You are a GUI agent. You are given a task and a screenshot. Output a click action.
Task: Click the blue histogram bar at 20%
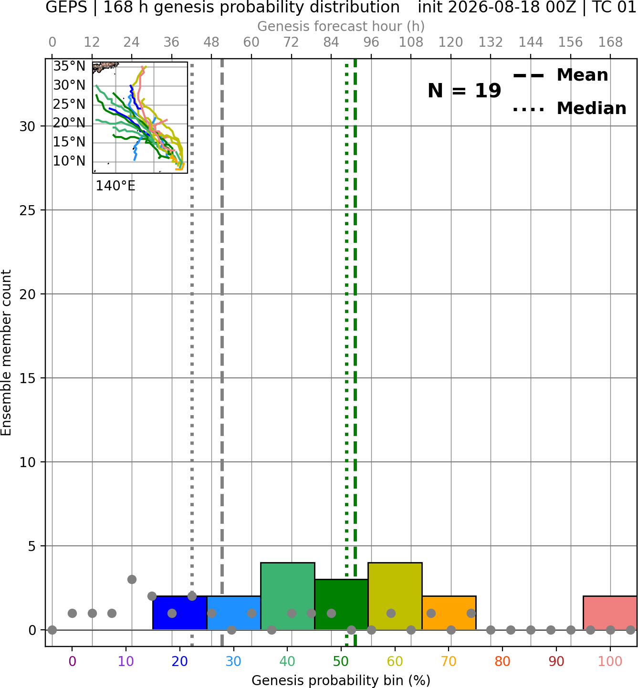click(x=179, y=613)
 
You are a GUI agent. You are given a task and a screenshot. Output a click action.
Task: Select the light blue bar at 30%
click(x=233, y=613)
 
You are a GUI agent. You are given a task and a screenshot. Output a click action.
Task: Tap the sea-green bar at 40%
click(x=288, y=596)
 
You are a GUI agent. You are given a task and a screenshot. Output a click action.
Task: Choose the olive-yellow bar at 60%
click(x=395, y=596)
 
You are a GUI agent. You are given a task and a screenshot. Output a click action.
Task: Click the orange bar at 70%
click(x=449, y=613)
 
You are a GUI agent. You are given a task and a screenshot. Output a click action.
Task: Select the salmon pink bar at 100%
click(x=610, y=613)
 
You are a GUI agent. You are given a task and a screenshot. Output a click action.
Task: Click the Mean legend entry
click(x=561, y=75)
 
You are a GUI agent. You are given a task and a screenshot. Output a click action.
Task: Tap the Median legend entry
click(x=570, y=108)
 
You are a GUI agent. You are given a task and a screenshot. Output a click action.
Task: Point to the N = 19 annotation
click(x=464, y=91)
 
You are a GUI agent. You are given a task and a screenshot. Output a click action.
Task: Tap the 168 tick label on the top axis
click(x=611, y=42)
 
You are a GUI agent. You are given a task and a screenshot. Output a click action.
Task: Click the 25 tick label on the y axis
click(x=28, y=210)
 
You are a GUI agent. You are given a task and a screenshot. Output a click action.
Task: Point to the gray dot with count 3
click(x=132, y=579)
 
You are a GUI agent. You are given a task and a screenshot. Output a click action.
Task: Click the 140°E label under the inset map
click(x=115, y=186)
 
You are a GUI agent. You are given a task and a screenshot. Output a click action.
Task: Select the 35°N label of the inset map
click(x=69, y=66)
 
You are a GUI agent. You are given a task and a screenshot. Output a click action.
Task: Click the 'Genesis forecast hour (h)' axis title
click(x=341, y=26)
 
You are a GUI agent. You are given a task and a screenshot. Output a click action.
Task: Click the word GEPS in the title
click(x=66, y=7)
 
